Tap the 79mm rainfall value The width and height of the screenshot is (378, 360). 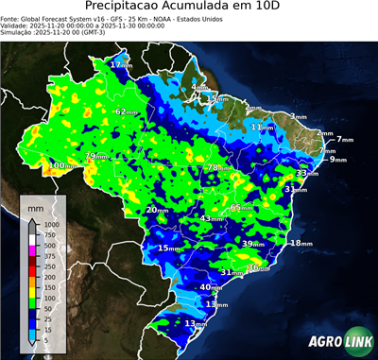(94, 156)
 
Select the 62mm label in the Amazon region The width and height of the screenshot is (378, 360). (126, 111)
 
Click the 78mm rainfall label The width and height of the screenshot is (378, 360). (216, 168)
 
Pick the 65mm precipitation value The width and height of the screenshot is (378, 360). (240, 207)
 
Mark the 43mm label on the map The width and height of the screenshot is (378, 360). (211, 218)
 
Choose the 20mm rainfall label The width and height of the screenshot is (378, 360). (156, 210)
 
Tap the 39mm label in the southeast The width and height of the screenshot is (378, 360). (251, 244)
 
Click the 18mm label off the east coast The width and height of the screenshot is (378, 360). (300, 244)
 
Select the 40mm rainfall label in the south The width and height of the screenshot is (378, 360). (210, 287)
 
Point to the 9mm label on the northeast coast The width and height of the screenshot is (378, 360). (337, 160)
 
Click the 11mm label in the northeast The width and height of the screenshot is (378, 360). (262, 126)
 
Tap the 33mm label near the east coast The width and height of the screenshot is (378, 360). (305, 174)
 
